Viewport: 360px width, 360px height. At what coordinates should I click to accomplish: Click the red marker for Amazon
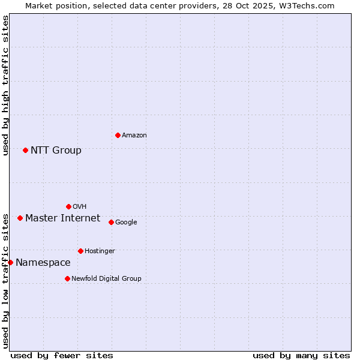tap(118, 135)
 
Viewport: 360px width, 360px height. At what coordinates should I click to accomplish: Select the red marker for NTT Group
tap(25, 150)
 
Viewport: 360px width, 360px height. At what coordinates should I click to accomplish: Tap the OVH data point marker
tap(68, 206)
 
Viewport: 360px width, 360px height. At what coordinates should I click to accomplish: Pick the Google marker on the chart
tap(111, 222)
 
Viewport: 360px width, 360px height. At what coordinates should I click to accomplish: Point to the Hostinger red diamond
tap(80, 251)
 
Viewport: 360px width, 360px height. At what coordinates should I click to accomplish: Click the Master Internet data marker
tap(20, 218)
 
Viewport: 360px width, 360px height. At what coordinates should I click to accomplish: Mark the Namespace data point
tap(10, 262)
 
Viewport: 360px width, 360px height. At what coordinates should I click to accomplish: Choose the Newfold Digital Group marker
tap(67, 278)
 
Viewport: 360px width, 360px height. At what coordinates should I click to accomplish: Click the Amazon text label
tap(134, 136)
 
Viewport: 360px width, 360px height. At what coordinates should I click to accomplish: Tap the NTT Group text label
tap(56, 150)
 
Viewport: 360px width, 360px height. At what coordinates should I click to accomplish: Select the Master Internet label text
tap(62, 218)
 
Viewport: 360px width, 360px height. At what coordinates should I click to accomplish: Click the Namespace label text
tap(43, 262)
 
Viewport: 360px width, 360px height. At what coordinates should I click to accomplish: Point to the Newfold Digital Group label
tap(106, 278)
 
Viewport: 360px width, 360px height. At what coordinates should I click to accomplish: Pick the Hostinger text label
tap(100, 251)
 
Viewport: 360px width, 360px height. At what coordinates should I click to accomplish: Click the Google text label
tap(126, 222)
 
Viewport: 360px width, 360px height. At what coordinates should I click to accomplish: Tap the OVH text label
tap(79, 207)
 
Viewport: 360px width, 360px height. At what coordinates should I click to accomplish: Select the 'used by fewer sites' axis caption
tap(62, 355)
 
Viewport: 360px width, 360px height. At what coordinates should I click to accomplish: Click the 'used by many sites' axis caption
tap(301, 355)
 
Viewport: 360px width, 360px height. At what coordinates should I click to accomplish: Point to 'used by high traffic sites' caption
tap(6, 85)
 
